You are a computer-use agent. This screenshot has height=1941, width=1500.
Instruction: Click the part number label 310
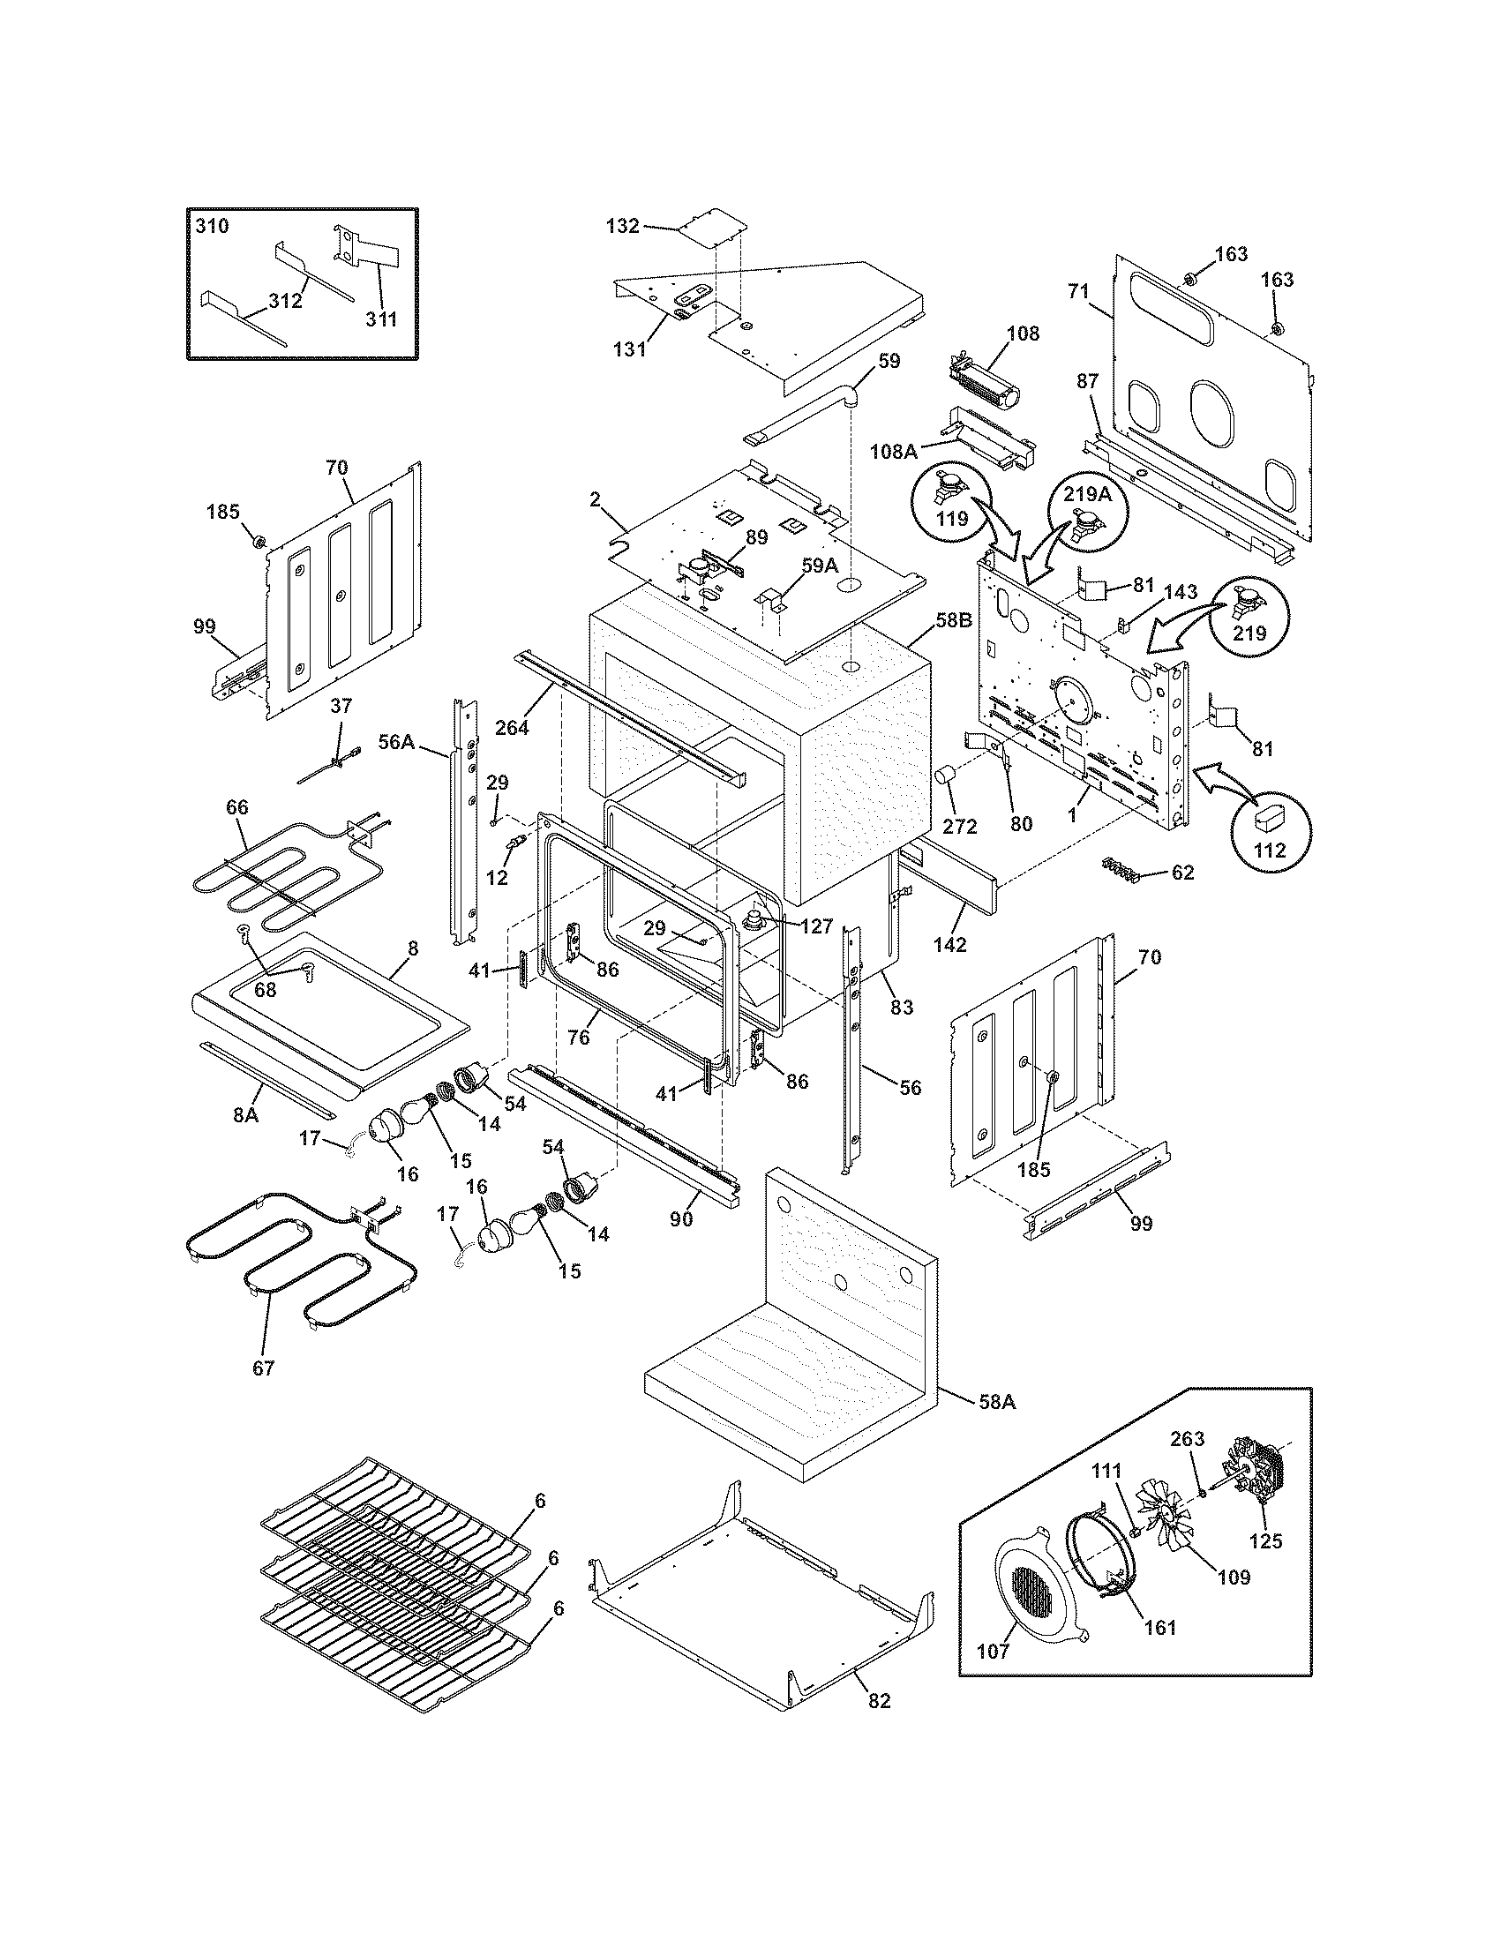212,226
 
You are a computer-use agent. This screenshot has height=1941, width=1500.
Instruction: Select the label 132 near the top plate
622,226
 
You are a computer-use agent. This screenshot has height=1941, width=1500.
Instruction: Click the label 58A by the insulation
997,1403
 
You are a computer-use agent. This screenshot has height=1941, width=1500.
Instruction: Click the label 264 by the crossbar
512,727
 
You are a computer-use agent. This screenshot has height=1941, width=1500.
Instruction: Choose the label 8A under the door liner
245,1113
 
